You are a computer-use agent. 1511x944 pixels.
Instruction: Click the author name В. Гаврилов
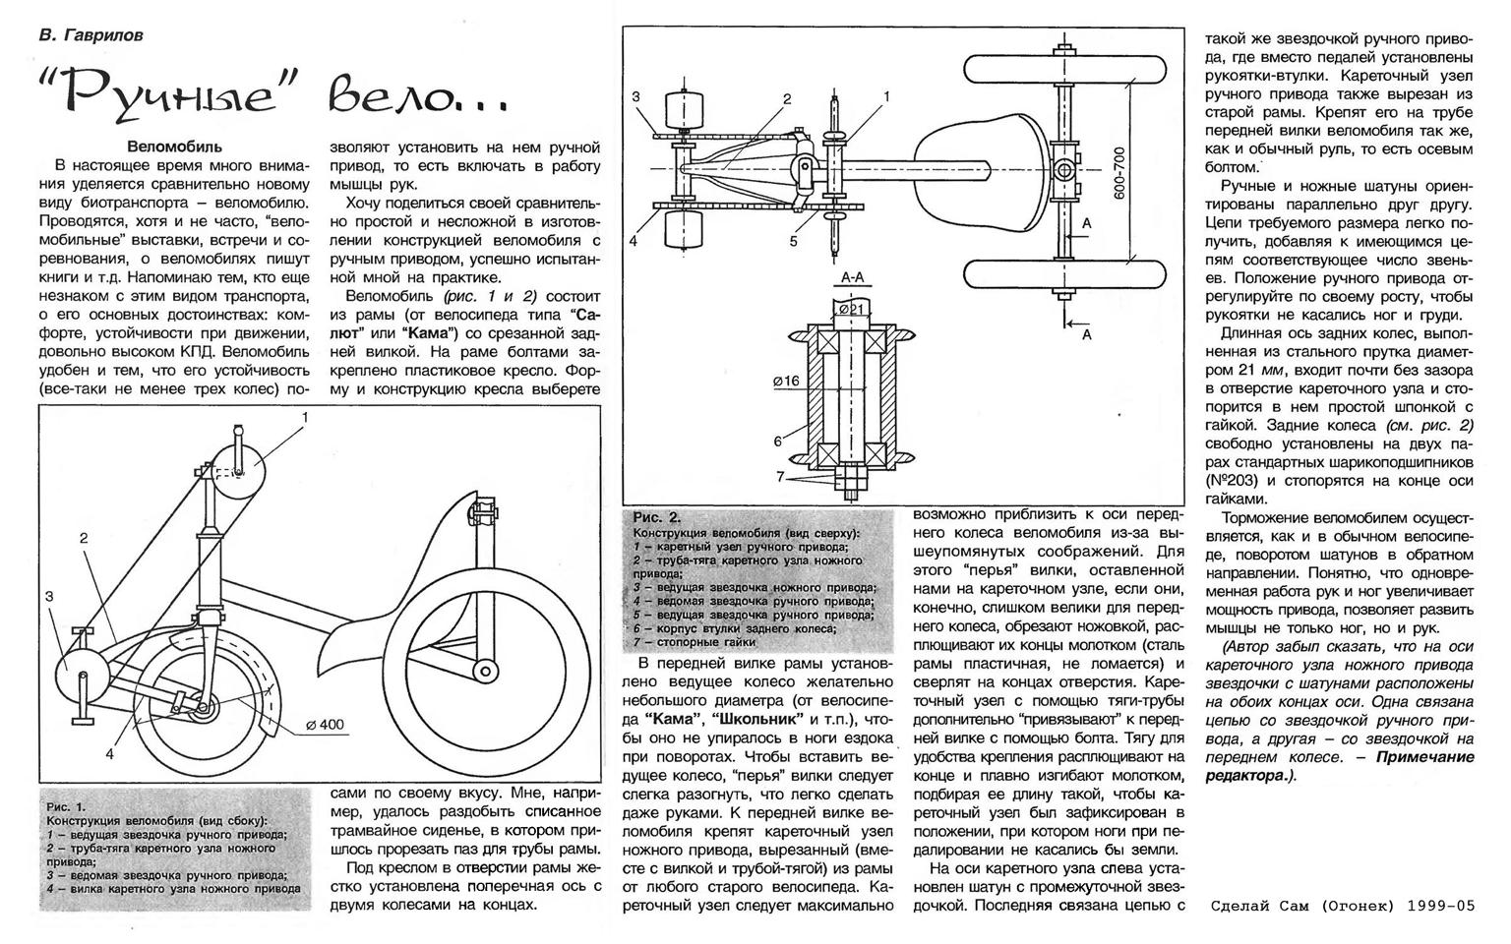pyautogui.click(x=91, y=35)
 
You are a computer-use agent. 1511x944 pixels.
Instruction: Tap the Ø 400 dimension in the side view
pyautogui.click(x=326, y=725)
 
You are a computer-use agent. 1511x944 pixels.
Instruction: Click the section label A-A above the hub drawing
pyautogui.click(x=852, y=278)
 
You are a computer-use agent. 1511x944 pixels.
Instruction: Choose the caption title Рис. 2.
pyautogui.click(x=657, y=517)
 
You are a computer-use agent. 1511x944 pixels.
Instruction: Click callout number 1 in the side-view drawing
pyautogui.click(x=305, y=417)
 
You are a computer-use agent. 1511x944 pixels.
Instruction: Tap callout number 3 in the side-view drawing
pyautogui.click(x=48, y=596)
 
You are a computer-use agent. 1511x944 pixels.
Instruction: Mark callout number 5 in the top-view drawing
pyautogui.click(x=793, y=239)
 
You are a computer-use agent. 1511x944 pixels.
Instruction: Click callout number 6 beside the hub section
pyautogui.click(x=776, y=442)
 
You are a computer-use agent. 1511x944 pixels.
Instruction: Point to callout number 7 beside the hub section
pyautogui.click(x=780, y=477)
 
